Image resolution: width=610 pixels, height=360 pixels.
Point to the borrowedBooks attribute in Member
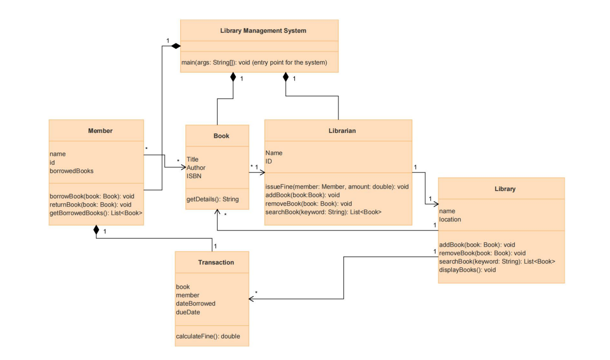[x=72, y=171]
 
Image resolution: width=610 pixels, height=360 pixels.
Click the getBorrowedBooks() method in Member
[x=96, y=213]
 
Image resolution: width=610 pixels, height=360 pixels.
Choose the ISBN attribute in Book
[x=194, y=176]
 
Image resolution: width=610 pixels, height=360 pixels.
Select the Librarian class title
[x=338, y=130]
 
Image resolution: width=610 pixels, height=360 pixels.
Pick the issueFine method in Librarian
[x=337, y=187]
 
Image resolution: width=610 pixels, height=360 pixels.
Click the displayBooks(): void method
[x=467, y=270]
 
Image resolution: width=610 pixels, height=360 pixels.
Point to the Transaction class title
[x=216, y=262]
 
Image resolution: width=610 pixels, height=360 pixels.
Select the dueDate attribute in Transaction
[x=188, y=312]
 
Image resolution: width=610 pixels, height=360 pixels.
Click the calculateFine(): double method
[x=208, y=336]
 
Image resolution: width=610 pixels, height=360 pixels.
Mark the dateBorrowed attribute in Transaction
[x=195, y=303]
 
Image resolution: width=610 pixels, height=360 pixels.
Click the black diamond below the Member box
[x=96, y=230]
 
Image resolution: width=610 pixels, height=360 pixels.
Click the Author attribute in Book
[x=196, y=168]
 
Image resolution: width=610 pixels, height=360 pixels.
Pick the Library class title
[x=501, y=189]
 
